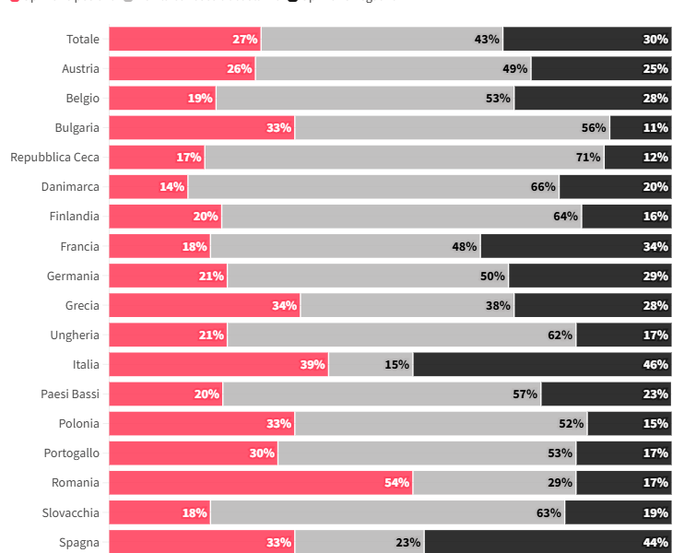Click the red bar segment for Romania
point(261,483)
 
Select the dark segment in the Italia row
point(542,364)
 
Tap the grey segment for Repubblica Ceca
point(404,157)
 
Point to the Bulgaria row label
point(77,127)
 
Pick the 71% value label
point(588,157)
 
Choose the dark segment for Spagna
point(548,542)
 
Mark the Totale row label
point(83,39)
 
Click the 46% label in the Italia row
point(655,364)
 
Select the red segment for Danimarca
point(147,186)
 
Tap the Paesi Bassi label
point(70,394)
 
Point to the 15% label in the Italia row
point(397,364)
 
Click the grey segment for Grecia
point(407,305)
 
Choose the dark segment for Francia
point(576,246)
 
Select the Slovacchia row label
point(71,512)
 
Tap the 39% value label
point(313,364)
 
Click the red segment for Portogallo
point(193,453)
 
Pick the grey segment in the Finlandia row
point(401,216)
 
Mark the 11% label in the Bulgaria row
point(655,127)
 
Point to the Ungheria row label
point(75,335)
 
